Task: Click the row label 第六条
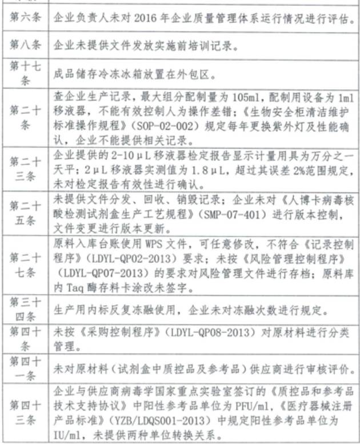pyautogui.click(x=26, y=18)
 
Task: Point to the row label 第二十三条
pyautogui.click(x=26, y=167)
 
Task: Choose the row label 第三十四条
pyautogui.click(x=26, y=312)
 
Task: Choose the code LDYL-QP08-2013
pyautogui.click(x=192, y=332)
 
